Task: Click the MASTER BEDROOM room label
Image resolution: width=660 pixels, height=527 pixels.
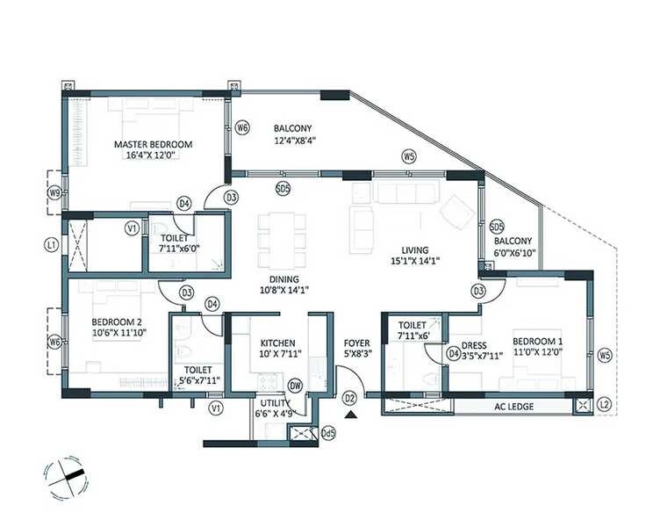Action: coord(153,144)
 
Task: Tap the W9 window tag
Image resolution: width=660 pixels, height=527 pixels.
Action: coord(54,193)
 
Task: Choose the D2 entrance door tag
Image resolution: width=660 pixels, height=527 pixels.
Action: coord(349,399)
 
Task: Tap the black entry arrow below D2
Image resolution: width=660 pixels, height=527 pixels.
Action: coord(350,415)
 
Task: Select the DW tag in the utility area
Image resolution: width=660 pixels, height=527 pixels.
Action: coord(296,384)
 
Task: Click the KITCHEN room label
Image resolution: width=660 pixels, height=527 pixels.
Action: coord(277,343)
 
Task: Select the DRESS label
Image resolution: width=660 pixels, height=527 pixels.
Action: coord(474,344)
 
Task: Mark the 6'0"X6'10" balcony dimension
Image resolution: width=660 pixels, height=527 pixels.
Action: coord(514,252)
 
